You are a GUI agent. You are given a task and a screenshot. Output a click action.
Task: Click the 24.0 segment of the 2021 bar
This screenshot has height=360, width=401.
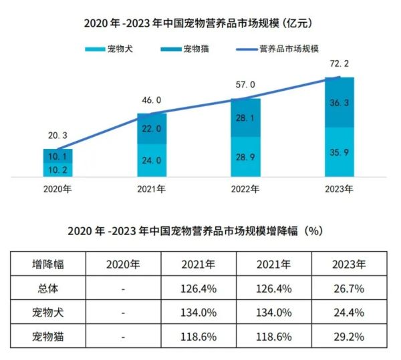pyautogui.click(x=152, y=160)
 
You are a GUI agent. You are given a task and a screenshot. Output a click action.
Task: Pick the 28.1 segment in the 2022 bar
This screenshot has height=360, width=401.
pyautogui.click(x=245, y=118)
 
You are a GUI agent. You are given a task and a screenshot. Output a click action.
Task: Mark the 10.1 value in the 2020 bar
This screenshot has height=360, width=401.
pyautogui.click(x=57, y=157)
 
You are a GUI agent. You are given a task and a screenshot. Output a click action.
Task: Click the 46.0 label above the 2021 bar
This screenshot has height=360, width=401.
pyautogui.click(x=152, y=100)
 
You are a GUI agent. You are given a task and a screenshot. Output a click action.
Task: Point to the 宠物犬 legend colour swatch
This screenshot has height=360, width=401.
pyautogui.click(x=92, y=49)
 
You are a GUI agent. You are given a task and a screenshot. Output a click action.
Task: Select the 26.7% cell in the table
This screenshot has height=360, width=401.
pyautogui.click(x=348, y=288)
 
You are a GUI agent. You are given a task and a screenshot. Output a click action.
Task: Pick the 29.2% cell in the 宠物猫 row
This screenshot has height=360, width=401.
pyautogui.click(x=348, y=336)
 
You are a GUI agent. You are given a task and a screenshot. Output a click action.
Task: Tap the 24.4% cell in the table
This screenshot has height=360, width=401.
pyautogui.click(x=348, y=312)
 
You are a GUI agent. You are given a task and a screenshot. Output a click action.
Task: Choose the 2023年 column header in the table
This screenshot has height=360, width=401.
pyautogui.click(x=348, y=264)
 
